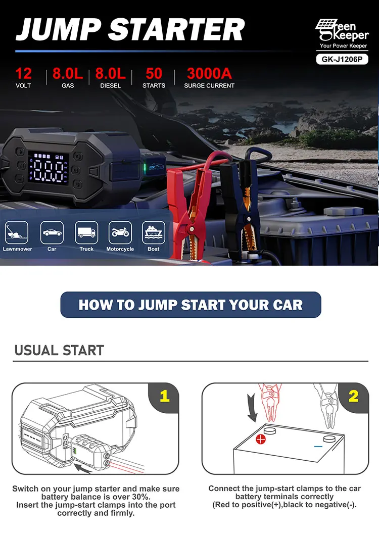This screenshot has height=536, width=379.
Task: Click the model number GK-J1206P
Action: coord(342,59)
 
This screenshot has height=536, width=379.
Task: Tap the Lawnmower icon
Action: coord(17,233)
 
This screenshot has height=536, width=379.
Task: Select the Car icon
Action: coord(52,233)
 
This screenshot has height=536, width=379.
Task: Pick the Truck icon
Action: coord(86,233)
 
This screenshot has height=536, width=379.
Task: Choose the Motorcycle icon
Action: coord(120,233)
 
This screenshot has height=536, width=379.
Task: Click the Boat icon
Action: coord(154,233)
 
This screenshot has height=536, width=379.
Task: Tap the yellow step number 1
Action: coord(164,396)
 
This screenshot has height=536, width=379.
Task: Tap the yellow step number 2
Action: coord(353,396)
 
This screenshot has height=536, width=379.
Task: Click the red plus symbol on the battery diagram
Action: coord(261,439)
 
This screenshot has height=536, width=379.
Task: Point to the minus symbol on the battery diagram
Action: coord(318,446)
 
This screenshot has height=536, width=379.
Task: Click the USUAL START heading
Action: coord(59,350)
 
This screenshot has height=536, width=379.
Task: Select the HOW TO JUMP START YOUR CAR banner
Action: coord(191,305)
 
